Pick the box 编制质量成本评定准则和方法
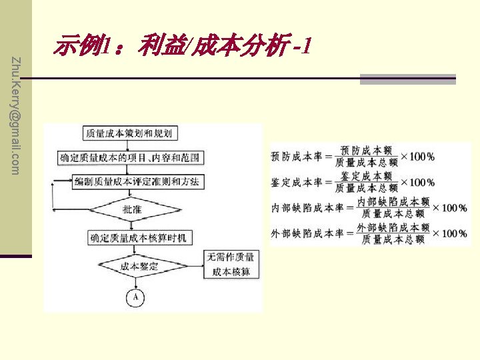pyautogui.click(x=139, y=181)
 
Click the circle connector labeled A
pyautogui.click(x=135, y=297)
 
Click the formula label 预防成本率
pyautogui.click(x=297, y=157)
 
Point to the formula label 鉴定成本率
pyautogui.click(x=297, y=182)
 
